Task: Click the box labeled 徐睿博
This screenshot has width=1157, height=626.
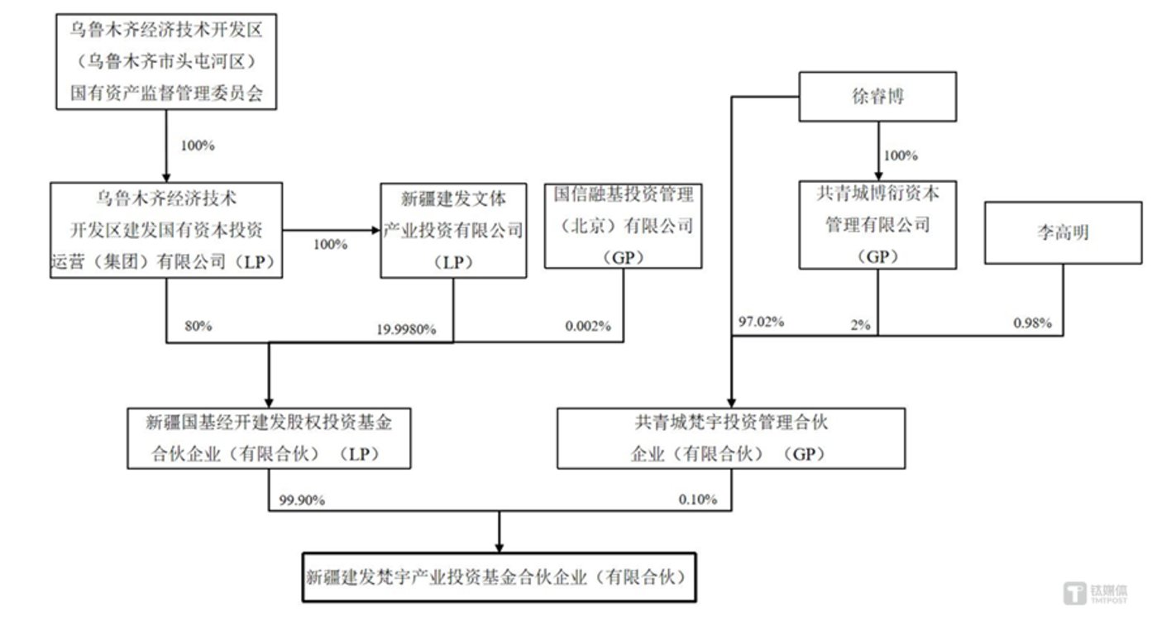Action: click(877, 97)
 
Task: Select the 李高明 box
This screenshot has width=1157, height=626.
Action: click(1063, 232)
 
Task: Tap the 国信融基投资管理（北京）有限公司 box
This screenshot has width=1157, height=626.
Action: click(624, 225)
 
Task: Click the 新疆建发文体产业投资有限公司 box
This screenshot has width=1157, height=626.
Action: click(452, 230)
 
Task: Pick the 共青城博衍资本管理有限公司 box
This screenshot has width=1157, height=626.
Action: click(877, 225)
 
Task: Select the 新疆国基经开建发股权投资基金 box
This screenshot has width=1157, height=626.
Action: click(269, 438)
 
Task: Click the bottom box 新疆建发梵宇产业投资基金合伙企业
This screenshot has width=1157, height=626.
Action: click(500, 578)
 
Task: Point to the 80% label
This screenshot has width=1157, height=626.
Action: click(198, 326)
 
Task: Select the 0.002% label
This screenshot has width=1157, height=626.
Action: click(588, 326)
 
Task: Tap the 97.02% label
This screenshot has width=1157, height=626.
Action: click(761, 323)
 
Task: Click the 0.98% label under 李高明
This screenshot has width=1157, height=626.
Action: click(1032, 323)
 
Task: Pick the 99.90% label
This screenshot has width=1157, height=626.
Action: click(302, 499)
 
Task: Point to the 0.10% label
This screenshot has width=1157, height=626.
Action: click(698, 499)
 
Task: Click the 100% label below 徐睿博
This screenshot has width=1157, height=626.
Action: click(901, 156)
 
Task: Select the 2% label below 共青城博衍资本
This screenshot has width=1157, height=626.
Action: click(860, 325)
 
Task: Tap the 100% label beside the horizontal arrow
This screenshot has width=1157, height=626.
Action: click(330, 246)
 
